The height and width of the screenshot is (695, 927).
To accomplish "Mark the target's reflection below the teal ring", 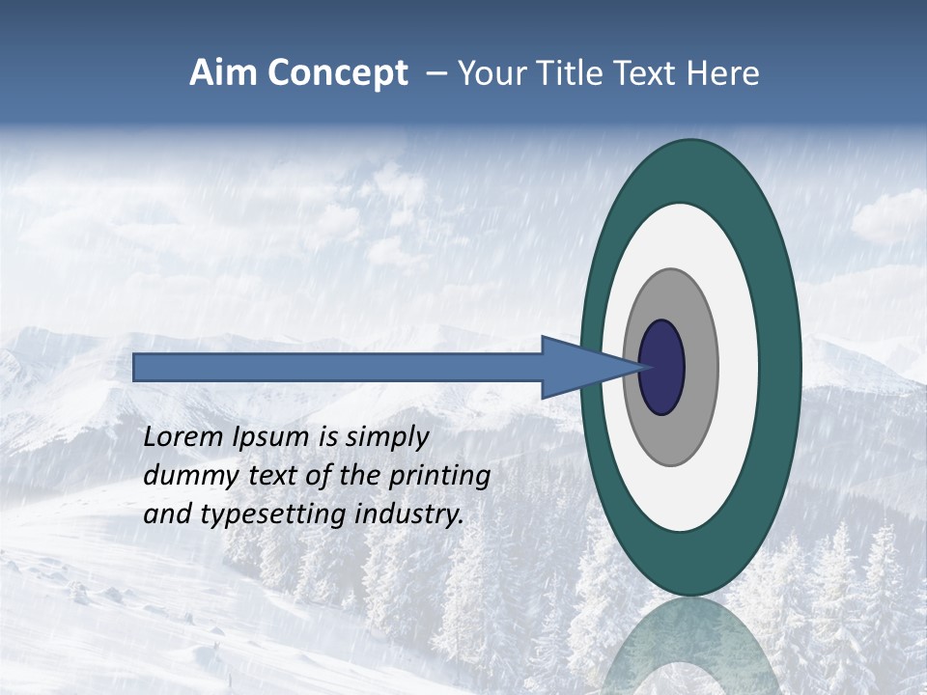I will tap(690, 647).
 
